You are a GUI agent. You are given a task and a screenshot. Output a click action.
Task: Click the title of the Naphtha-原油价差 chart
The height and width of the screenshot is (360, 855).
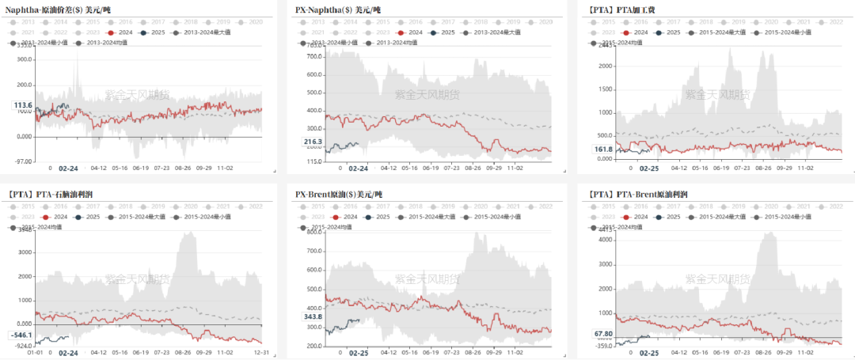59,10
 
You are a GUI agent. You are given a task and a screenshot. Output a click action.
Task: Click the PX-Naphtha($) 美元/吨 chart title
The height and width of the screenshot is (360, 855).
338,10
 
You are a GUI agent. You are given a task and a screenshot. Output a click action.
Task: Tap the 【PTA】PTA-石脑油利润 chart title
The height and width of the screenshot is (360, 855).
63,193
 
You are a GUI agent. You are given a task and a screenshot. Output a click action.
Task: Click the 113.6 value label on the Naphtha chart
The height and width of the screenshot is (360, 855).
23,105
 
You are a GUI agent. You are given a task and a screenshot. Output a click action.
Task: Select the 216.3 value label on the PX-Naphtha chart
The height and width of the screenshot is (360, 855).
313,142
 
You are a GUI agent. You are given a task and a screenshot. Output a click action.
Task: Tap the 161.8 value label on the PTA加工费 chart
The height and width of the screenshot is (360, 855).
603,149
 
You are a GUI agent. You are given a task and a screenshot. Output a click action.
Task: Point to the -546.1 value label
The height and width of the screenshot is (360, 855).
21,335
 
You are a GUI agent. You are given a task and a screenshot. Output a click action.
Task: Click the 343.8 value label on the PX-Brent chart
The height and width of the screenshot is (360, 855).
313,317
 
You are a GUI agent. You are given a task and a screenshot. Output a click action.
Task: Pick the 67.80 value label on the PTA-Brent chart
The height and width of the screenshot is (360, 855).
603,334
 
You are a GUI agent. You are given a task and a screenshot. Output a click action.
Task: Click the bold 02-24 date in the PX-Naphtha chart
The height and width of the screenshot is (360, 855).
359,169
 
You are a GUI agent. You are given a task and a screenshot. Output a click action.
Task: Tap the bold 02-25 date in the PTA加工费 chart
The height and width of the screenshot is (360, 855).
648,169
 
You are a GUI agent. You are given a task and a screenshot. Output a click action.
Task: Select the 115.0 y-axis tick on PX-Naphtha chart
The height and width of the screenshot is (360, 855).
313,161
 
